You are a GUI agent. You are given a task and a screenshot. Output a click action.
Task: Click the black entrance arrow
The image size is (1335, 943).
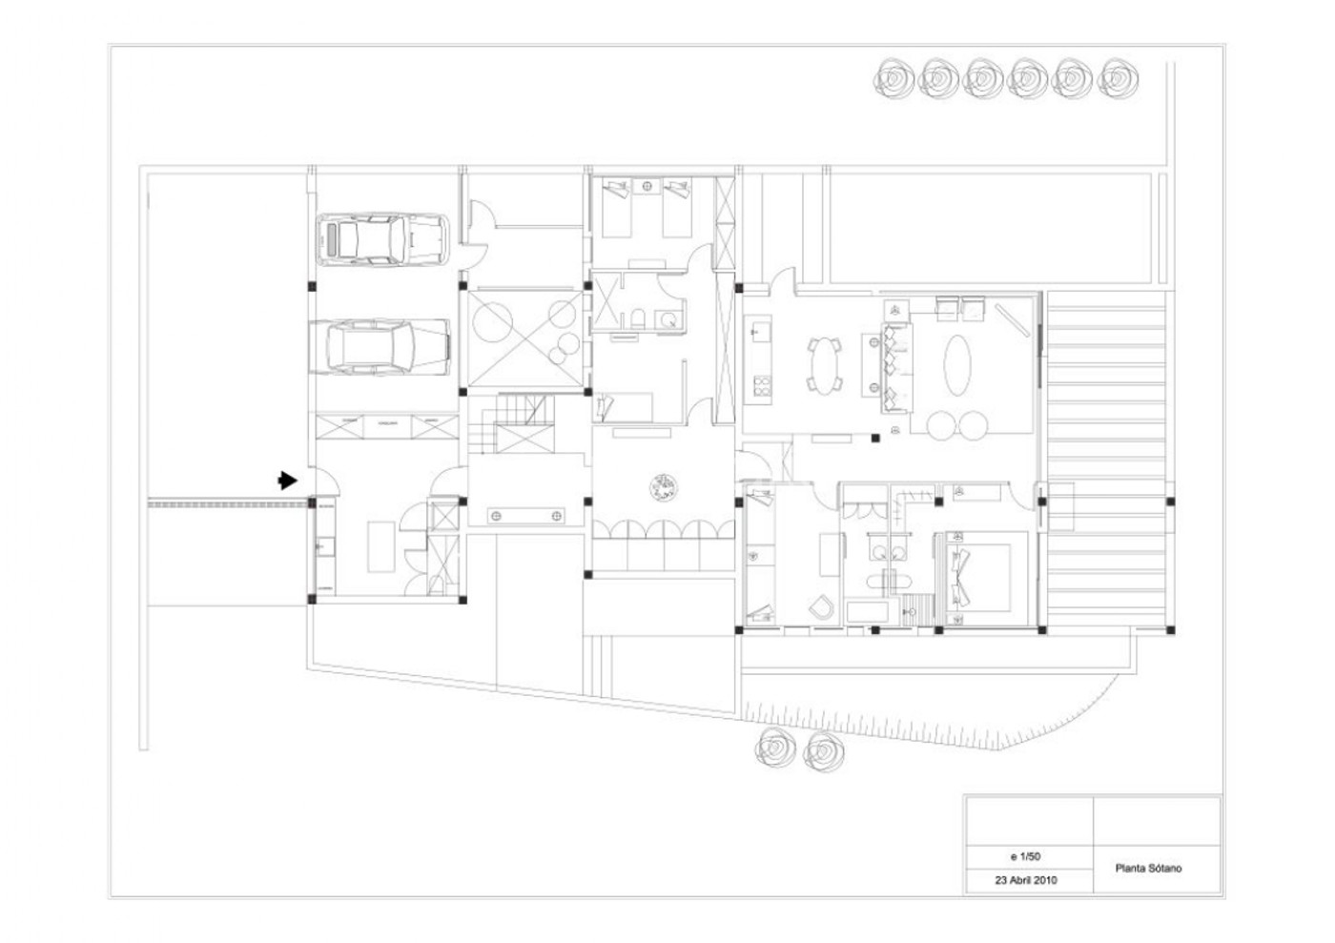[x=287, y=480]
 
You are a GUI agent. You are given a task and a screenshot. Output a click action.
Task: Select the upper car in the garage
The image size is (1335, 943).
[x=382, y=239]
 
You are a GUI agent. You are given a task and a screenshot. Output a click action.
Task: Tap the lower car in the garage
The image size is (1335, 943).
[x=380, y=347]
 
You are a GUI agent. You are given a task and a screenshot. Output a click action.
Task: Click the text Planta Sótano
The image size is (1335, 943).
[x=1148, y=869]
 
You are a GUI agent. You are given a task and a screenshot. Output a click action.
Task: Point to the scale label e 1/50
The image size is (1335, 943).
[x=1026, y=856]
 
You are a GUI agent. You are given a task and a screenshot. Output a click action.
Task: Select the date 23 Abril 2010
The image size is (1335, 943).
[x=1026, y=880]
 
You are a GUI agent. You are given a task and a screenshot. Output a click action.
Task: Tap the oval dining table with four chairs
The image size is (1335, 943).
[x=825, y=366]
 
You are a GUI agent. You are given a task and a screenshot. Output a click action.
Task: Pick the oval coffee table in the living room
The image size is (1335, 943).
[x=957, y=365]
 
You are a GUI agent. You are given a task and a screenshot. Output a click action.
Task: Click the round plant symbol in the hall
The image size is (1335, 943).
[x=664, y=487]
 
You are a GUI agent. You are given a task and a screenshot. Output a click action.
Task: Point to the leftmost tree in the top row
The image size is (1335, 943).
[x=894, y=78]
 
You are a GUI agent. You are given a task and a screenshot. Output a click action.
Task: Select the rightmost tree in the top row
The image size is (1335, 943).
[x=1118, y=78]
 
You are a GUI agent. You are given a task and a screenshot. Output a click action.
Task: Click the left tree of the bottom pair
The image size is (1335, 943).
[x=774, y=749]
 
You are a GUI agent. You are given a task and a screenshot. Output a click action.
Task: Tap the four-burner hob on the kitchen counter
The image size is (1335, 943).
[x=762, y=386]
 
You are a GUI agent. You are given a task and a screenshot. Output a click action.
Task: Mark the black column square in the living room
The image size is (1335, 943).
[x=875, y=438]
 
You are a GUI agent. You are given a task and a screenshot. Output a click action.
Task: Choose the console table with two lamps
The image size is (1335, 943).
[x=525, y=516]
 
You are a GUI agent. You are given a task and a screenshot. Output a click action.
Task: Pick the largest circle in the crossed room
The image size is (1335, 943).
[x=492, y=322]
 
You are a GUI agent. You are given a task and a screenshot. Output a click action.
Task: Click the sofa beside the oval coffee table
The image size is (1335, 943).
[x=896, y=368]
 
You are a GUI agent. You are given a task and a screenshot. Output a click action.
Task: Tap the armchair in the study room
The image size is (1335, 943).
[x=822, y=607]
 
